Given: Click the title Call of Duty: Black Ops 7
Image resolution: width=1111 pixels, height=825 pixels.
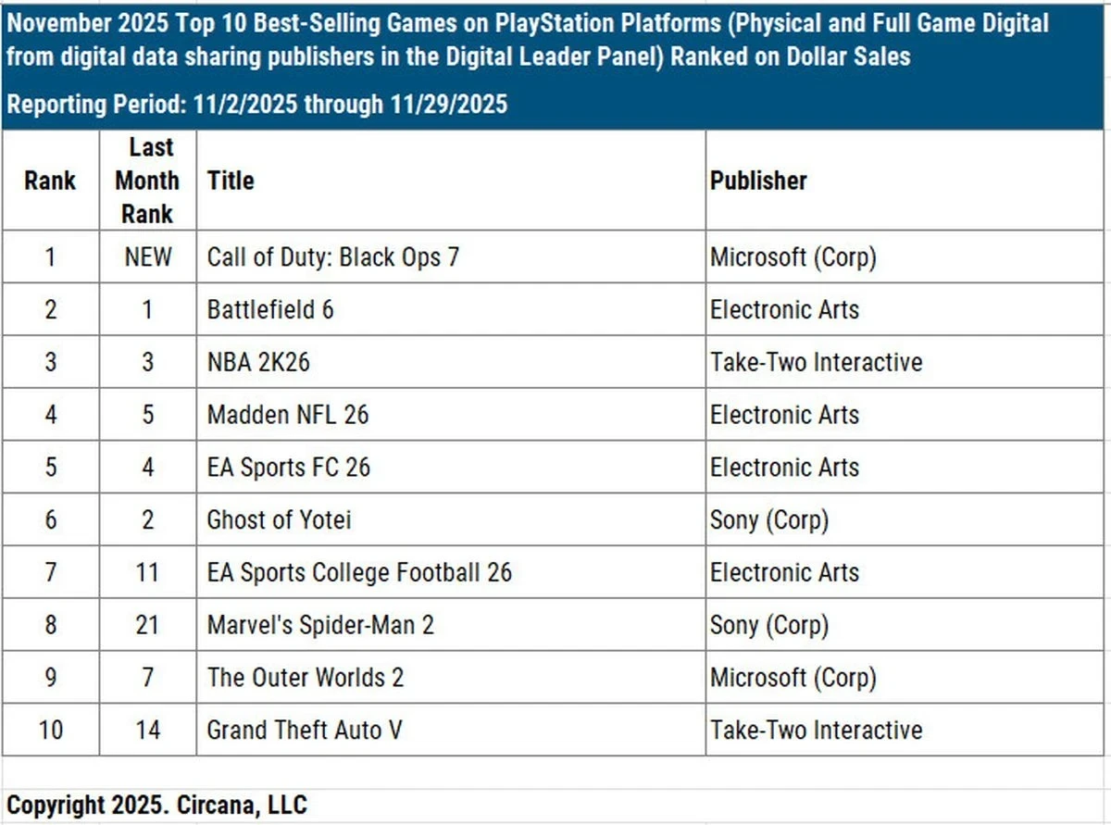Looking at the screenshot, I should click(x=332, y=256).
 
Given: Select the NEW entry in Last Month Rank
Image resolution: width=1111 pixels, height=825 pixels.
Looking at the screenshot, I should click(x=148, y=256).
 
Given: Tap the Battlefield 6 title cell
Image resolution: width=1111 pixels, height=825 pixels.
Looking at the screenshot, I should click(x=270, y=309).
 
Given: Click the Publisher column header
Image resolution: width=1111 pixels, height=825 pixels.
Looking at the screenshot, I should click(x=758, y=181).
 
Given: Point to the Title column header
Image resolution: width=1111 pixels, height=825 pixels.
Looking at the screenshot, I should click(x=231, y=181).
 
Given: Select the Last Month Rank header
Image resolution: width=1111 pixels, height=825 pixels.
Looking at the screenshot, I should click(x=148, y=181).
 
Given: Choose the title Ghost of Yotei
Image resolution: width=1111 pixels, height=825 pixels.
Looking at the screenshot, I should click(x=279, y=519).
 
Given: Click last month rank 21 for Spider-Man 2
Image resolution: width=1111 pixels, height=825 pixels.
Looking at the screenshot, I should click(x=148, y=625).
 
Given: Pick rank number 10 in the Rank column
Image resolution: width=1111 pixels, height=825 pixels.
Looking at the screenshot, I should click(x=51, y=730).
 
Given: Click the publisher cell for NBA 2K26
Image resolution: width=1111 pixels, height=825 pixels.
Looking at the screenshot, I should click(x=816, y=361).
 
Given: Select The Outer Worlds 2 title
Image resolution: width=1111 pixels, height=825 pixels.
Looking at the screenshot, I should click(x=306, y=677).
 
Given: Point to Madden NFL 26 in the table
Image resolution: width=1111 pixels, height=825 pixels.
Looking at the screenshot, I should click(x=287, y=414).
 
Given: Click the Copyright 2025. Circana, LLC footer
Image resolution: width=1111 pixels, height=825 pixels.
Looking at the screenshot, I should click(x=157, y=805).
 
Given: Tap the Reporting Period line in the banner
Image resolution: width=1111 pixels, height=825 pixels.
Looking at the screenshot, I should click(x=257, y=104).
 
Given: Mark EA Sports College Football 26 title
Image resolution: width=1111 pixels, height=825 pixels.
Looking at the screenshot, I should click(x=359, y=572).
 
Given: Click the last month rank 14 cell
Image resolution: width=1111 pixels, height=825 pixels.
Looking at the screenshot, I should click(x=148, y=730).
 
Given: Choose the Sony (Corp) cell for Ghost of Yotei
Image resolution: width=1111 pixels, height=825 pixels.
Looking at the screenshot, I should click(x=768, y=519).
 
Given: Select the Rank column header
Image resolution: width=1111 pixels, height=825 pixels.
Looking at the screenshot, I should click(x=51, y=181).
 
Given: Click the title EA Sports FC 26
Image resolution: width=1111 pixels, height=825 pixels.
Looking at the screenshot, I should click(x=288, y=467).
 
